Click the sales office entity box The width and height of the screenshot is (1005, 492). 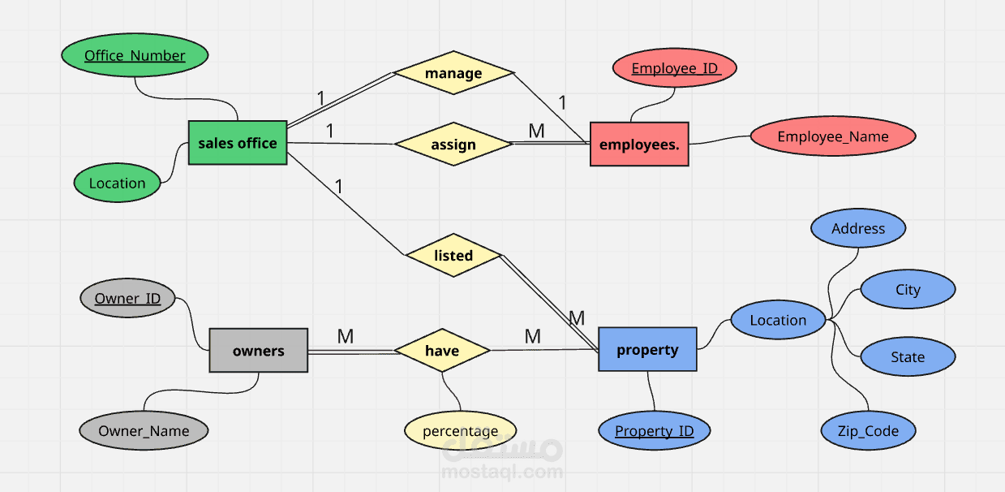tap(238, 143)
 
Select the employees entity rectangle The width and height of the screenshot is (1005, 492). tap(639, 144)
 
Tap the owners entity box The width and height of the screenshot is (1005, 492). tap(259, 350)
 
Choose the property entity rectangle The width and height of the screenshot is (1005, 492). tap(647, 349)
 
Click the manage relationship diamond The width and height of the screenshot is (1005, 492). tap(453, 73)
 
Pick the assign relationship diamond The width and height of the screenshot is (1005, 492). tap(453, 144)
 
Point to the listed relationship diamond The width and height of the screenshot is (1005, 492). tap(453, 255)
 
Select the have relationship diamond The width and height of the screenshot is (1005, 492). tap(442, 350)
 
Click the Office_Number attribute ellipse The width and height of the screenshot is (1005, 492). tap(135, 55)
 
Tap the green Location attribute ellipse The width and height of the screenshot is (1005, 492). tap(117, 183)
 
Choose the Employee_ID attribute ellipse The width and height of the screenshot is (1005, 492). tap(674, 67)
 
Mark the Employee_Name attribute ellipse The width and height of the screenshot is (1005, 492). tap(833, 136)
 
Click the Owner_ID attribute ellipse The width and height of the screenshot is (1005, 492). tap(127, 298)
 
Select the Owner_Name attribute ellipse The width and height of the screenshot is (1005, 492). tap(144, 430)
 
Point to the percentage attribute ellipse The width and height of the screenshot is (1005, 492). tap(461, 430)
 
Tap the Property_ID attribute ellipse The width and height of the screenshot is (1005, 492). tap(654, 430)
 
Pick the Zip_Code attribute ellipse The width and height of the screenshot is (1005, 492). tap(868, 430)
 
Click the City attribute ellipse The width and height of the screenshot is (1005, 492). tap(908, 289)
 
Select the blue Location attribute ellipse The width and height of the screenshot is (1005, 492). tap(778, 320)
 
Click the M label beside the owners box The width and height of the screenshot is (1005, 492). tap(346, 336)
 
